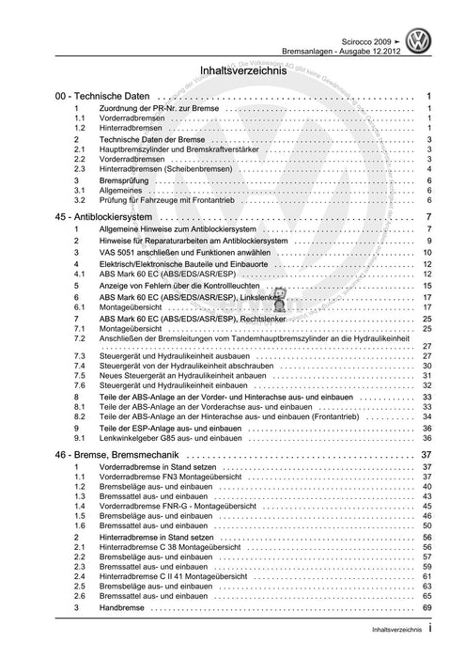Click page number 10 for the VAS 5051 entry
click(x=426, y=253)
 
